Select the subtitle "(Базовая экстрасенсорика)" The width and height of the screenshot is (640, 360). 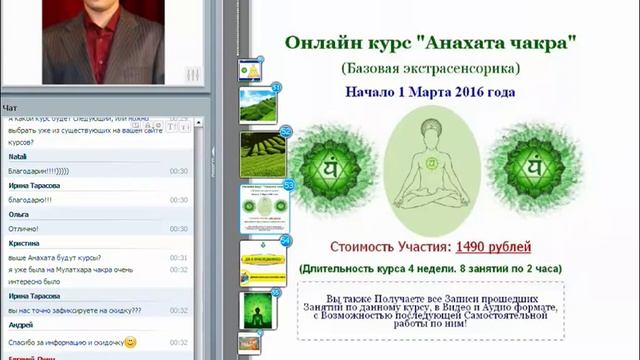click(430, 68)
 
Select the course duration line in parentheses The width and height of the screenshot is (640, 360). click(430, 268)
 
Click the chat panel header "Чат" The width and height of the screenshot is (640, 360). click(10, 107)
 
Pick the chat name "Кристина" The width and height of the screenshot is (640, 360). click(24, 243)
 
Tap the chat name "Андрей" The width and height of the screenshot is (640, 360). click(21, 325)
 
